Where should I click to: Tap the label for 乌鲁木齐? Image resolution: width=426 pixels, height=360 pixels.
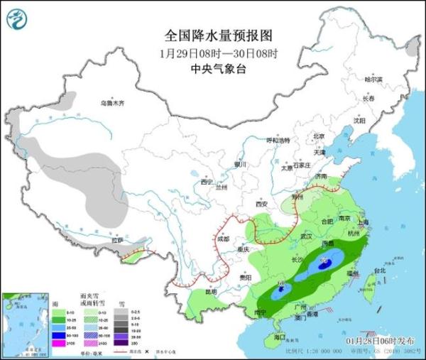coord(111,103)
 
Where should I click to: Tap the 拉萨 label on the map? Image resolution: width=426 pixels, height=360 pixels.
coord(116,240)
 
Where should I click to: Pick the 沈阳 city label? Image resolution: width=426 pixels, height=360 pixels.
coord(364,121)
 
